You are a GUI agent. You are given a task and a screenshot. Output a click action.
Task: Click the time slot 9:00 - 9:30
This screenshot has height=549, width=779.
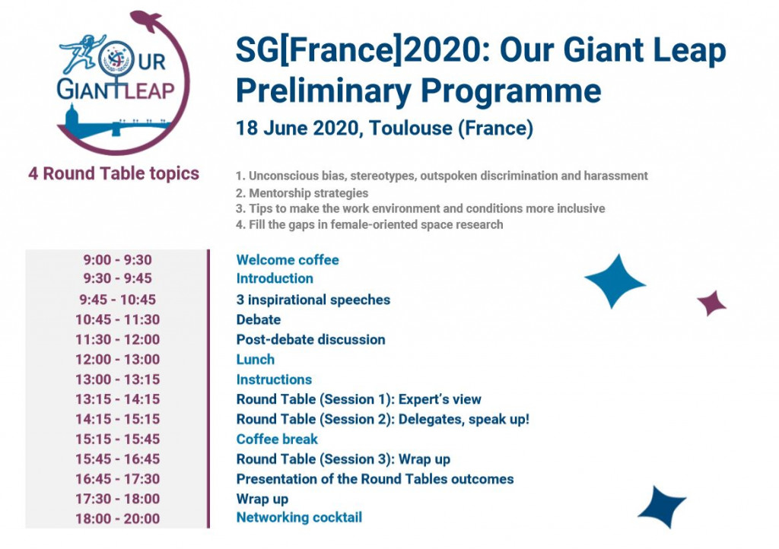click(x=117, y=259)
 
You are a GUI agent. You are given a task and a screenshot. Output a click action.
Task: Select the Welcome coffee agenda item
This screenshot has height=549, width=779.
click(x=287, y=259)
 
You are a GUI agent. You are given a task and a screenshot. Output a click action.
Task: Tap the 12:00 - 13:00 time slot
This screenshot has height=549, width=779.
click(x=117, y=360)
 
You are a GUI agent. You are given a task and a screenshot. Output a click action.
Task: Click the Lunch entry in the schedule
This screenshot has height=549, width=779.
click(x=256, y=360)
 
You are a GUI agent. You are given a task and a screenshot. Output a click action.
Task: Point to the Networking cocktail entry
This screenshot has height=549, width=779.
click(x=299, y=517)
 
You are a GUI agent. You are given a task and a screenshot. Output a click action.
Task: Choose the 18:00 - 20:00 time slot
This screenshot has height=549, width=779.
click(x=117, y=519)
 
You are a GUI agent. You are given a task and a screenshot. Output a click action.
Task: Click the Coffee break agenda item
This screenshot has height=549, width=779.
click(x=277, y=440)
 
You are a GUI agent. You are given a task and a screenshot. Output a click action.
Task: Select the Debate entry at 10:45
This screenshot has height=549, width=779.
click(x=259, y=319)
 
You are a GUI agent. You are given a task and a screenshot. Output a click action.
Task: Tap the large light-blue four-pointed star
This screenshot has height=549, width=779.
click(x=615, y=281)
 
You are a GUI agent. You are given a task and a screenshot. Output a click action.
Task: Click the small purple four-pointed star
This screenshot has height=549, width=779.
click(x=712, y=303)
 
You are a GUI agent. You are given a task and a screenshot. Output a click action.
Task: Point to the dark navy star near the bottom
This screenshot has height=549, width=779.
click(x=662, y=507)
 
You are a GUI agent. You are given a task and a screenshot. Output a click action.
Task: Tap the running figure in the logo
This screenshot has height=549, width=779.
click(x=82, y=54)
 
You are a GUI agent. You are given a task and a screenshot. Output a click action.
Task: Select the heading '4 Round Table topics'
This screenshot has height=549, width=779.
click(x=114, y=173)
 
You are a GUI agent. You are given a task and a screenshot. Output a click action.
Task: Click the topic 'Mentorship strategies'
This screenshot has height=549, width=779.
click(x=302, y=193)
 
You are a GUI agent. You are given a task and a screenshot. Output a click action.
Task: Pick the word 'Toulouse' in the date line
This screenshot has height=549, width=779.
click(x=411, y=128)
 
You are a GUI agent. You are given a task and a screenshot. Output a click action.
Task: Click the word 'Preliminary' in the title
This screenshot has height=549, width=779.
click(x=323, y=90)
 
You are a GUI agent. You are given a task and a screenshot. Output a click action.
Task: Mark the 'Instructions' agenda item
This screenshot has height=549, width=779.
click(x=274, y=379)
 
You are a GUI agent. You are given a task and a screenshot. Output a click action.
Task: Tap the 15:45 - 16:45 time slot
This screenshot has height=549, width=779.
click(x=117, y=459)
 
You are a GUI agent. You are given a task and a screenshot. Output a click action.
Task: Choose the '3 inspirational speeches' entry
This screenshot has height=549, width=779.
click(x=313, y=300)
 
